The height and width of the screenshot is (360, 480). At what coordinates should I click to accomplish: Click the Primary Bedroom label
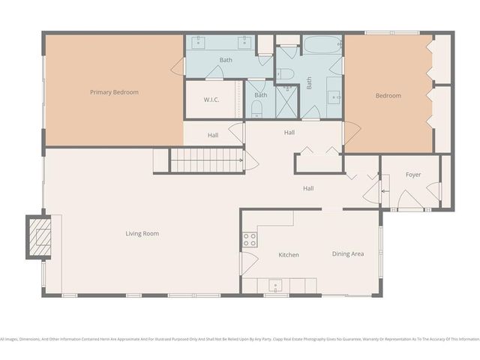(x=114, y=92)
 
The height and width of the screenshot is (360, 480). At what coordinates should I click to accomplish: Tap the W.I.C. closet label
(x=211, y=100)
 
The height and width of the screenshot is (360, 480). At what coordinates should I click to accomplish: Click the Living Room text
(x=142, y=233)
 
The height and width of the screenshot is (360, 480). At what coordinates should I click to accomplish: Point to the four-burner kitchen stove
(x=249, y=240)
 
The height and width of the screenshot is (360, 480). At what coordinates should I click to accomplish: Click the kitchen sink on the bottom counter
(x=275, y=286)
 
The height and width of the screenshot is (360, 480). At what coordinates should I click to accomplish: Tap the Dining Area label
(x=347, y=253)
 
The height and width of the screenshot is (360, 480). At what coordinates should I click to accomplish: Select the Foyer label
(x=413, y=175)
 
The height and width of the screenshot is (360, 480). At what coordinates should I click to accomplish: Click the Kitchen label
(x=289, y=255)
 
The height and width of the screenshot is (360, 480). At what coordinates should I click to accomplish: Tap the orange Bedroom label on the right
(x=388, y=95)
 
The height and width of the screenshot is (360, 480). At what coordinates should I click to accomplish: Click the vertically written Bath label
(x=308, y=83)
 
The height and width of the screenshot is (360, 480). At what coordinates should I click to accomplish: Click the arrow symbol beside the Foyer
(x=384, y=191)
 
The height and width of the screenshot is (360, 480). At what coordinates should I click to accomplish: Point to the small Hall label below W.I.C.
(x=213, y=135)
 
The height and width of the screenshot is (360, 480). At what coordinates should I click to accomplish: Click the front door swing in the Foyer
(x=411, y=199)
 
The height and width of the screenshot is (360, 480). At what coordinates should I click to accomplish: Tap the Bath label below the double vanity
(x=226, y=59)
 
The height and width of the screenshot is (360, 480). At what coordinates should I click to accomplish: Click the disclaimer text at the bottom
(x=240, y=339)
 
